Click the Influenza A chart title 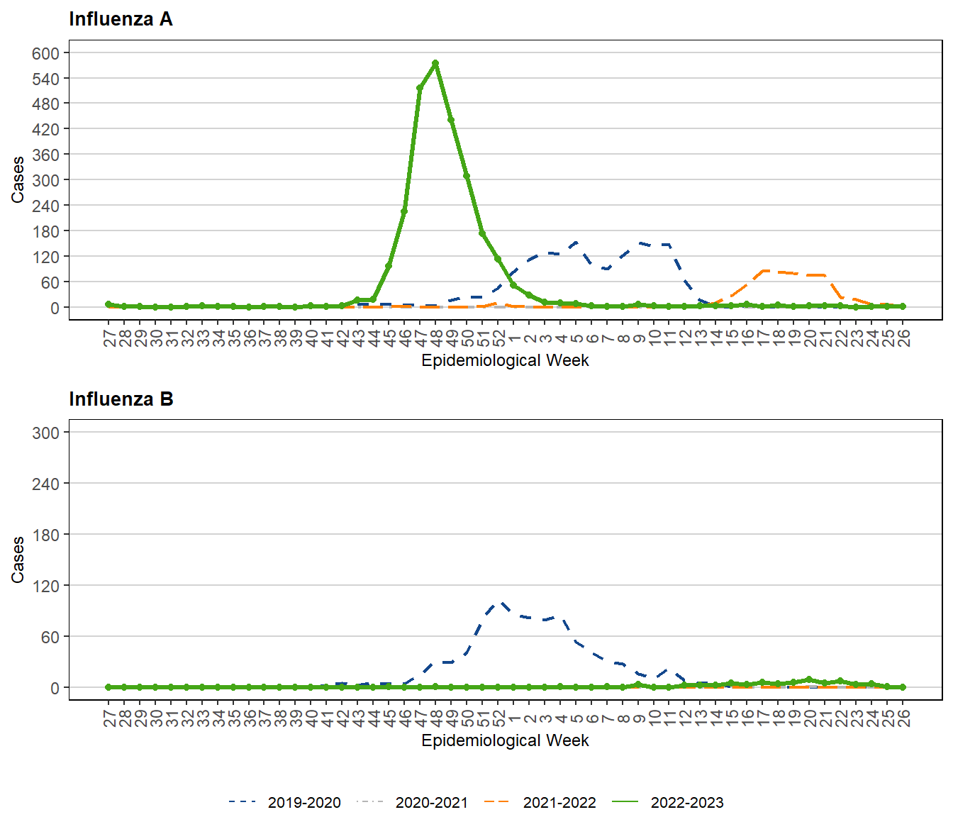[121, 19]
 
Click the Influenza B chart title [121, 399]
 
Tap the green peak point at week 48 [435, 63]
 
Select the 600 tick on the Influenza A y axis [46, 53]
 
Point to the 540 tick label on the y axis [46, 79]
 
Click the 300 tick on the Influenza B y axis [46, 433]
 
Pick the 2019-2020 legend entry [285, 802]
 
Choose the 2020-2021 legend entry [413, 802]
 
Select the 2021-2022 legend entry [540, 802]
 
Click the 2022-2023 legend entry [668, 802]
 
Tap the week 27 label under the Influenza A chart [109, 338]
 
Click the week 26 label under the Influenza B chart [903, 718]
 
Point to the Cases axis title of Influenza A [18, 180]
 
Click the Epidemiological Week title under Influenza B [505, 740]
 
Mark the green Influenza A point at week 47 [420, 88]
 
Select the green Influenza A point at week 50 [467, 176]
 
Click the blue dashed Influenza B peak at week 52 [500, 604]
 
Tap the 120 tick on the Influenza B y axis [46, 586]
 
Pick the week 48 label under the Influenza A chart [436, 338]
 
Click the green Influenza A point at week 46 [404, 211]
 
